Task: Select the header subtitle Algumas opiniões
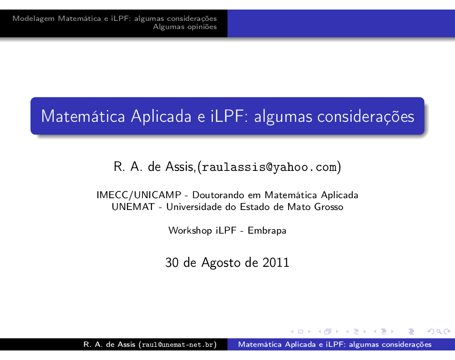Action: (x=185, y=27)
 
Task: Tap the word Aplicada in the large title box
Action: (x=161, y=116)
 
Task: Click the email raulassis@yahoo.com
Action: (x=269, y=167)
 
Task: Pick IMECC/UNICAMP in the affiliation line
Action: (x=139, y=195)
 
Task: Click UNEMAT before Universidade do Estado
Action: (x=133, y=207)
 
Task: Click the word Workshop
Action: (x=190, y=231)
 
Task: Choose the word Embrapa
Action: (x=267, y=231)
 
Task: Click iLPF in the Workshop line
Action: (x=226, y=230)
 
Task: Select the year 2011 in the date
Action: (x=276, y=262)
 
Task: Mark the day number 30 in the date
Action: (x=172, y=262)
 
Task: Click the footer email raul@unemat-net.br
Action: (x=177, y=345)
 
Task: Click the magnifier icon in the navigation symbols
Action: (x=439, y=332)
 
